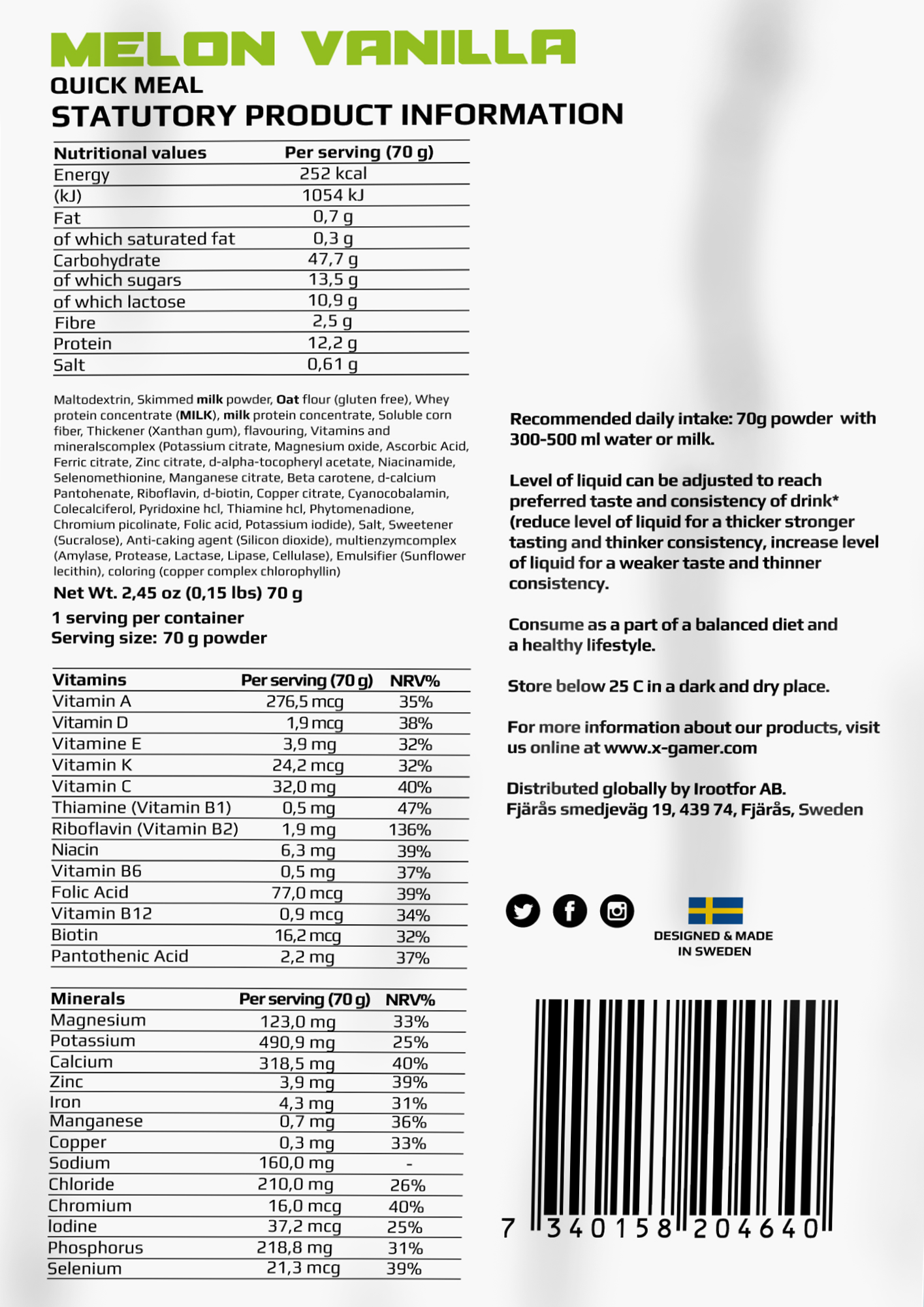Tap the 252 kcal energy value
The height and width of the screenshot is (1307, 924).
pyautogui.click(x=333, y=174)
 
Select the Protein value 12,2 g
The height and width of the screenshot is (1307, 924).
pyautogui.click(x=332, y=343)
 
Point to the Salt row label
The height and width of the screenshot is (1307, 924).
pyautogui.click(x=69, y=365)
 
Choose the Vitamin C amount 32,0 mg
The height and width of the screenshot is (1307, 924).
pyautogui.click(x=304, y=787)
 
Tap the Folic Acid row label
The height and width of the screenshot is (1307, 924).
pyautogui.click(x=90, y=893)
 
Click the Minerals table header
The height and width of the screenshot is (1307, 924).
pyautogui.click(x=88, y=999)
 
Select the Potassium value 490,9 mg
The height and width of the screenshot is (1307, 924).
pyautogui.click(x=297, y=1042)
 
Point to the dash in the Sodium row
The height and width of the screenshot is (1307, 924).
pyautogui.click(x=409, y=1164)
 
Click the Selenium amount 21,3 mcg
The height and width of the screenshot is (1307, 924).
pyautogui.click(x=303, y=1268)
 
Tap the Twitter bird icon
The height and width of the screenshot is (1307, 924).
pyautogui.click(x=523, y=910)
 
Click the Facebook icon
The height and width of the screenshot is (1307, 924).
pyautogui.click(x=569, y=910)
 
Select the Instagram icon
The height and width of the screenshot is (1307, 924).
pyautogui.click(x=616, y=910)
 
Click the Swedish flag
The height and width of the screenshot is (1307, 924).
pyautogui.click(x=715, y=910)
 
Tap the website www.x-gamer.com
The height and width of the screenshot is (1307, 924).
pyautogui.click(x=680, y=748)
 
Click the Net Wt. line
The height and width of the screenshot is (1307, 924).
pyautogui.click(x=178, y=593)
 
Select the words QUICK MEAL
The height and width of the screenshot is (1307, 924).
pyautogui.click(x=127, y=86)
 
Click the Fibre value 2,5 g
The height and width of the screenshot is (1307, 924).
pyautogui.click(x=332, y=322)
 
